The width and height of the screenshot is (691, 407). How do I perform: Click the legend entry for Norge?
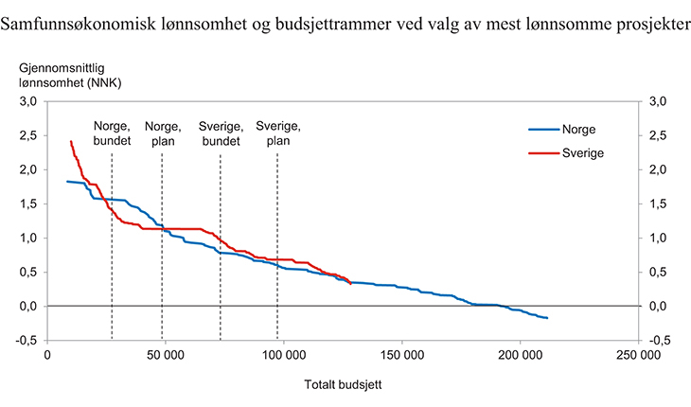(x=577, y=130)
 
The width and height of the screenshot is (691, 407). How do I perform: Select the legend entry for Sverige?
(x=581, y=152)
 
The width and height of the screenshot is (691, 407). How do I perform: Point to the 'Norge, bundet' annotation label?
(x=112, y=133)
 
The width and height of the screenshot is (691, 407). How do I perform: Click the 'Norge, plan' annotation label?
(x=162, y=133)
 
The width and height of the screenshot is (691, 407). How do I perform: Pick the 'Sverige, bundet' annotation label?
(x=221, y=133)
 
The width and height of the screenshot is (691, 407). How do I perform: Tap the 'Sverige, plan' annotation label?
(x=278, y=133)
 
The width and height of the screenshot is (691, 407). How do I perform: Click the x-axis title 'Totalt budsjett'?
(x=343, y=385)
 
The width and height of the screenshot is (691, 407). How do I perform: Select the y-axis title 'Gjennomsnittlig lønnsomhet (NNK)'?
(x=70, y=75)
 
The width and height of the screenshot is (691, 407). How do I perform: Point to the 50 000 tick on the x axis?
(x=166, y=356)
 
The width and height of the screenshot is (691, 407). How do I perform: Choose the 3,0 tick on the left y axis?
(x=27, y=101)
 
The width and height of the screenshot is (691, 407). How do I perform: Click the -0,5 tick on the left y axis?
(x=26, y=340)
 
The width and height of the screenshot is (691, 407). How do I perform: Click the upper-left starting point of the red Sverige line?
(x=71, y=142)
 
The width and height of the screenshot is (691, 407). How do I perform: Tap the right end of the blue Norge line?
(x=547, y=318)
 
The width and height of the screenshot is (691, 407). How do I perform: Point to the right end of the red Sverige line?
(x=350, y=283)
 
